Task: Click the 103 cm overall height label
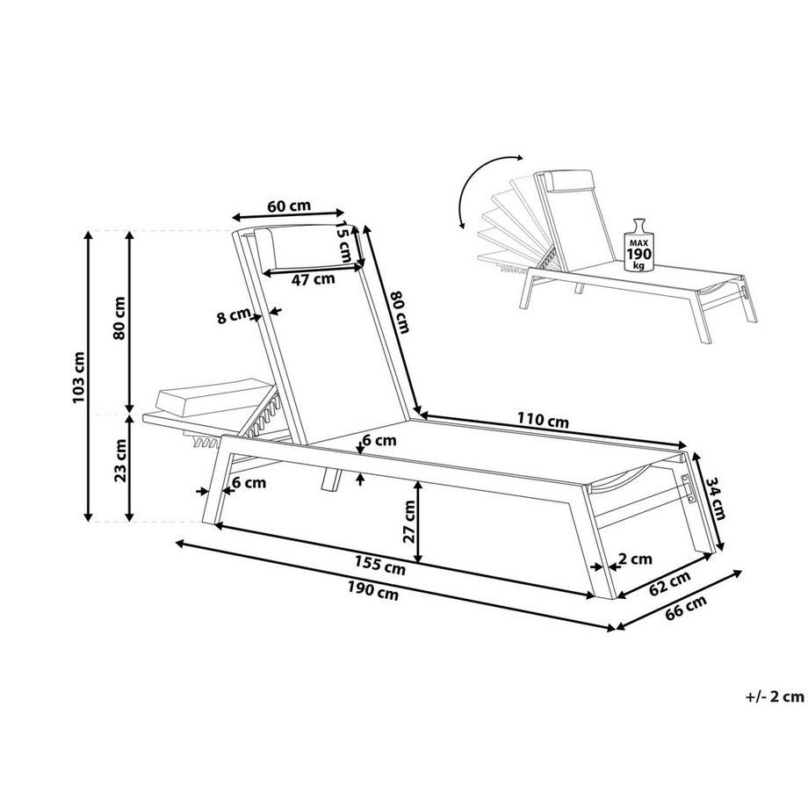[79, 378]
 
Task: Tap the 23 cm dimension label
[120, 459]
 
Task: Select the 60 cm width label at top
[289, 206]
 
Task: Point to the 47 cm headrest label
[313, 280]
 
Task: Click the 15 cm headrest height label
[343, 242]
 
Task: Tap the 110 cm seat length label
[543, 421]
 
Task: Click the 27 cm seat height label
[409, 522]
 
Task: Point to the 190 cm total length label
[373, 590]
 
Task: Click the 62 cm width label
[669, 584]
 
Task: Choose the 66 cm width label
[685, 609]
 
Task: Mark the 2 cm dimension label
[635, 559]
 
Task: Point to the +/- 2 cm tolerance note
[775, 696]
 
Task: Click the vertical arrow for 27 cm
[418, 522]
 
